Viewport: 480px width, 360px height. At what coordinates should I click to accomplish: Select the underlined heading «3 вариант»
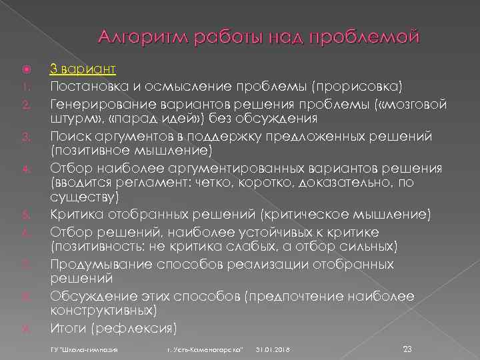83,69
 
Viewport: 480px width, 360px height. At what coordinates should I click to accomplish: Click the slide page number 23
409,349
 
